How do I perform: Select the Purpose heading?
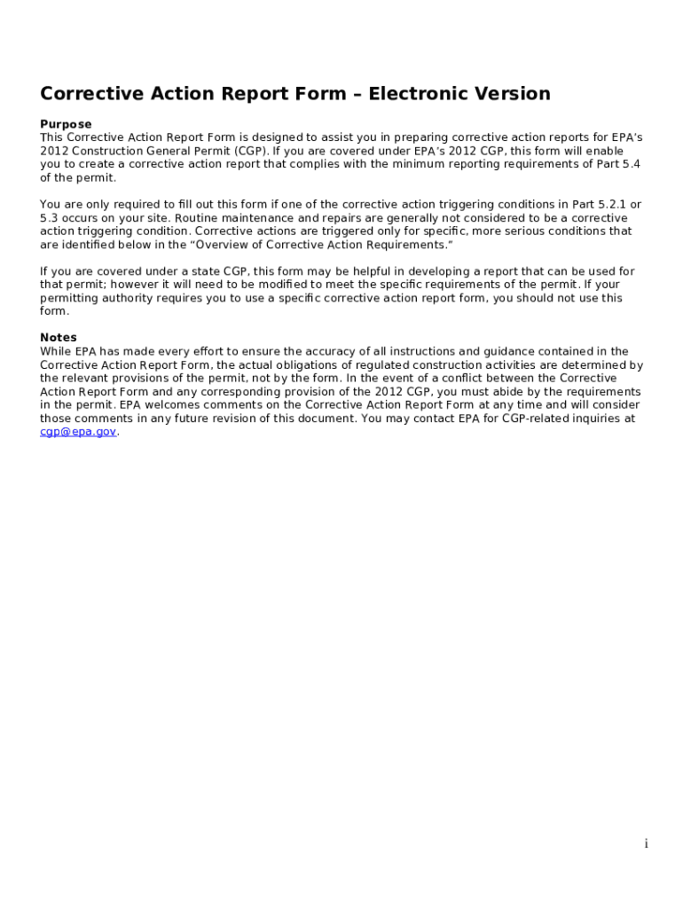tap(66, 124)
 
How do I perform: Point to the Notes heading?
tap(59, 338)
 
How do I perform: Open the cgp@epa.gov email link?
tap(78, 432)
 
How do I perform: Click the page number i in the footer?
tap(646, 844)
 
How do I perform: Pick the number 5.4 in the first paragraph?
tap(631, 164)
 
